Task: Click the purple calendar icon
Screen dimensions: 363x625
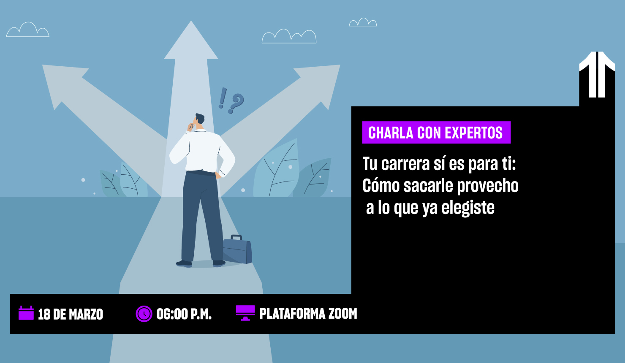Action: click(26, 313)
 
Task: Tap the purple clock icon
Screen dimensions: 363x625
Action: click(144, 314)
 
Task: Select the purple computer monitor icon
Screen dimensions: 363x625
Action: click(245, 313)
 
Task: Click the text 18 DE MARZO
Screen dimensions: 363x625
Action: click(71, 314)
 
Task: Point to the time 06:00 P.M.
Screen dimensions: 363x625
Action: click(184, 314)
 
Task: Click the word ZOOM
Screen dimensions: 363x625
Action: click(342, 314)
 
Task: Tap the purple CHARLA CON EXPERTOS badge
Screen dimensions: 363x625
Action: click(436, 133)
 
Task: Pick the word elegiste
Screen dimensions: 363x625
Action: click(468, 208)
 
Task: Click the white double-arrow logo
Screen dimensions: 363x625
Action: click(597, 74)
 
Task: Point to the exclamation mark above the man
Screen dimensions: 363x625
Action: click(223, 98)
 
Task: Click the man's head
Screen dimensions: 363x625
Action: click(199, 119)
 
